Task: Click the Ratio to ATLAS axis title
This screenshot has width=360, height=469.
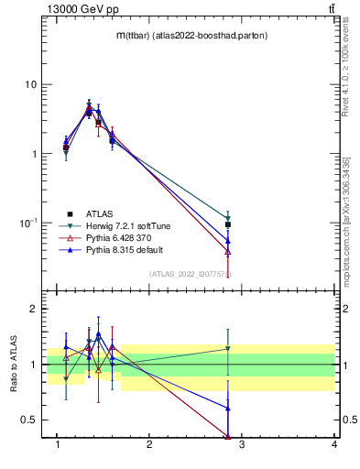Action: click(x=14, y=365)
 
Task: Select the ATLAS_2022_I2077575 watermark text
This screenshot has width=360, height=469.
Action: click(x=191, y=274)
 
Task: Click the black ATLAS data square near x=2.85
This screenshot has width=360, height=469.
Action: click(x=228, y=224)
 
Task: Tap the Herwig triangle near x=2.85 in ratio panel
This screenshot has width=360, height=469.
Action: click(x=228, y=348)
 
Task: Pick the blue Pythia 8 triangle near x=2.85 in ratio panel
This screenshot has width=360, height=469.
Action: click(x=228, y=408)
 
